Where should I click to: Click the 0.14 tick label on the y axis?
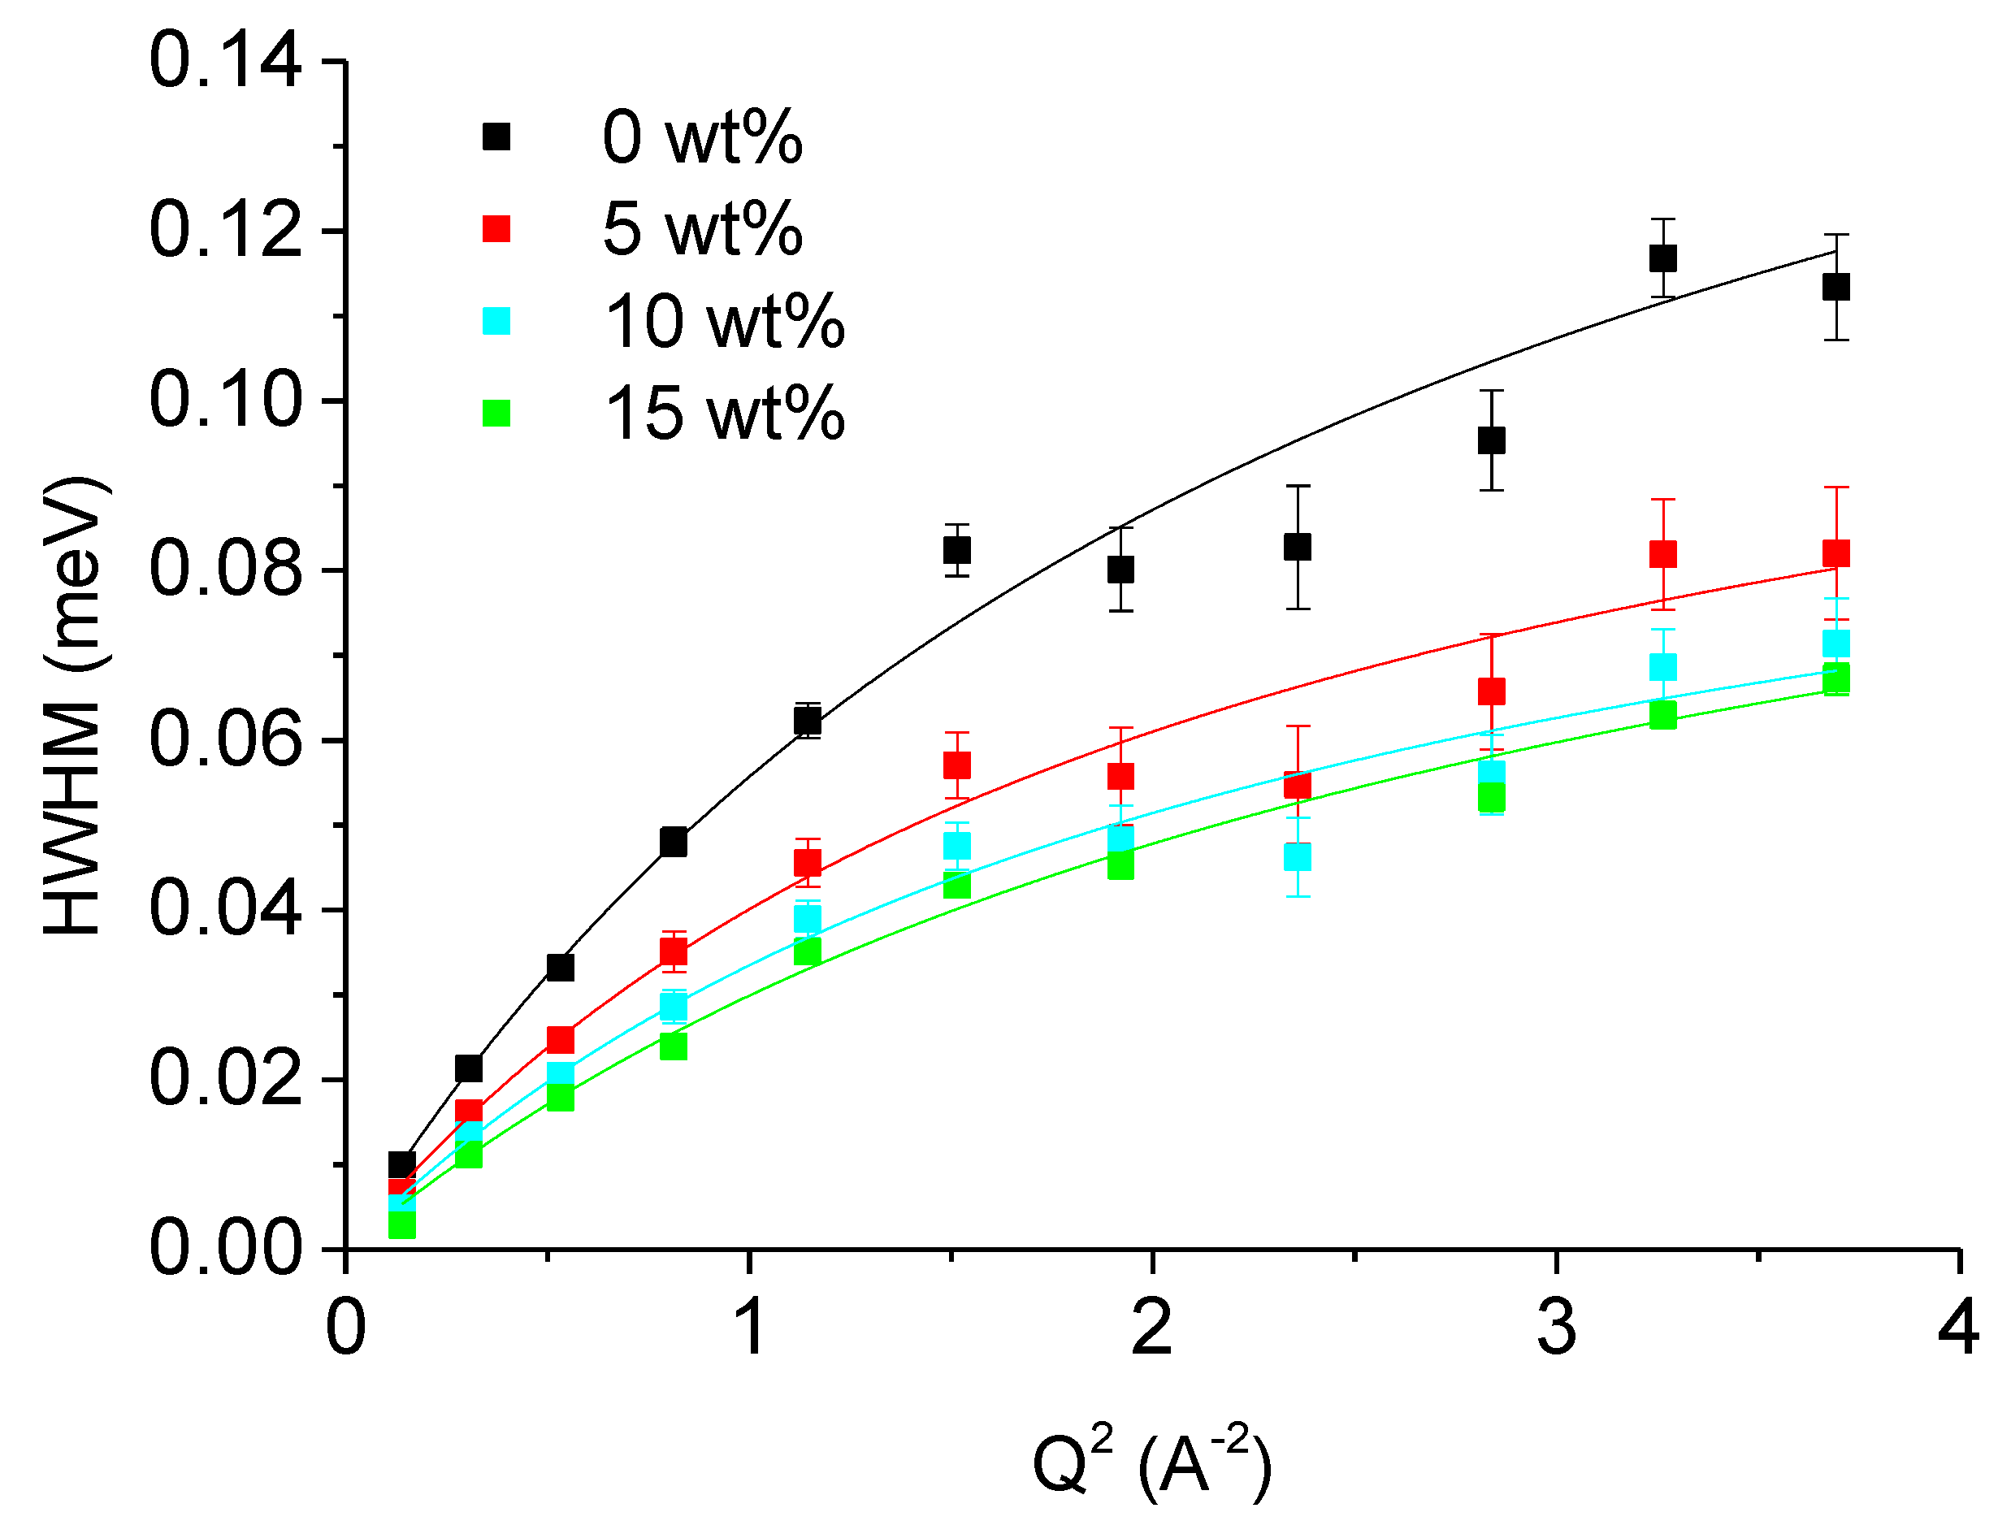(224, 62)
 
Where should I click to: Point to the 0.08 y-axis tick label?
(224, 570)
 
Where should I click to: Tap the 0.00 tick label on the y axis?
(224, 1248)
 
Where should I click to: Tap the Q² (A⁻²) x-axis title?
(1151, 1462)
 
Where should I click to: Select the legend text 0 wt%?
(701, 138)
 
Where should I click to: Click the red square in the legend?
(496, 229)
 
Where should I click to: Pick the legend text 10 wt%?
(724, 322)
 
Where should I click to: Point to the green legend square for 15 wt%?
(496, 414)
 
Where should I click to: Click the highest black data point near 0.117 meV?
(1662, 258)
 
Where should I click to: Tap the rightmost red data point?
(1836, 553)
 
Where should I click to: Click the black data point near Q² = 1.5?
(956, 550)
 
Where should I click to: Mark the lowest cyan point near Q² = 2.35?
(1298, 856)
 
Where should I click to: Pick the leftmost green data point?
(402, 1225)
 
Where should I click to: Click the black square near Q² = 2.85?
(1491, 441)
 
